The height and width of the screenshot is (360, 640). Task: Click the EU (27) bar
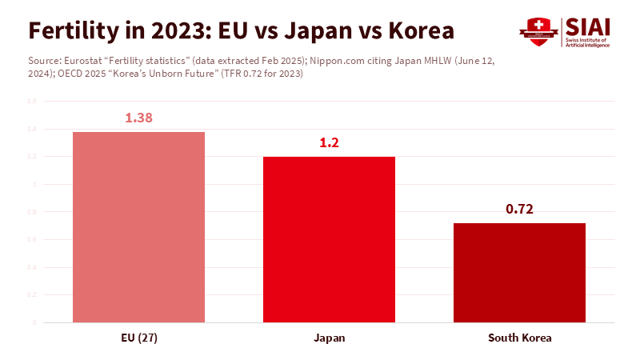pos(138,227)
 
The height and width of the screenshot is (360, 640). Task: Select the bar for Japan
pos(329,240)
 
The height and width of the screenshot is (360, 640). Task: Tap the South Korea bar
pos(519,273)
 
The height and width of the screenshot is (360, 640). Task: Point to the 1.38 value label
pos(138,118)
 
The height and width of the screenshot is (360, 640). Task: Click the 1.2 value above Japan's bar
pos(329,143)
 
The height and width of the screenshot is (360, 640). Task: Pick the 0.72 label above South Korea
pos(519,210)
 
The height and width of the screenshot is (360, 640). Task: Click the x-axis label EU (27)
pos(138,338)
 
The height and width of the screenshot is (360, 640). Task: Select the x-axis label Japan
pos(329,338)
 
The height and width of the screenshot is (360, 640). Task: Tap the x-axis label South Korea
pos(519,338)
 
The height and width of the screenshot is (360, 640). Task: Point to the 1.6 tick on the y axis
pos(32,102)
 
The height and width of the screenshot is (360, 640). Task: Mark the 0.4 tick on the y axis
pos(32,267)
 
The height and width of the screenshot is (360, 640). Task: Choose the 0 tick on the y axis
pos(34,322)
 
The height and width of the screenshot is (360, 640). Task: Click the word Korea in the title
pos(421,30)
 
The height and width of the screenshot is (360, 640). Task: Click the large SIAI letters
pos(587,26)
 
